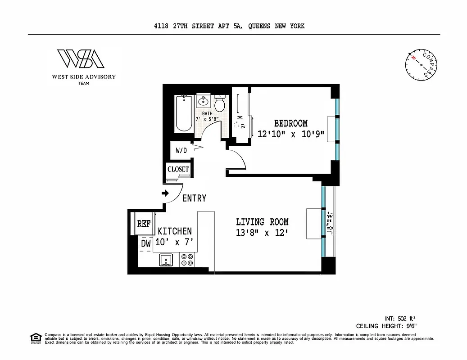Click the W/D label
181,150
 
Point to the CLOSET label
178,170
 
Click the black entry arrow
165,193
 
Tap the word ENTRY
194,198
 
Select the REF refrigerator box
143,224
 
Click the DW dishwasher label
145,243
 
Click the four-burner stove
187,260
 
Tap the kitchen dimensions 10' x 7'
174,242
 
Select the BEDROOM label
291,123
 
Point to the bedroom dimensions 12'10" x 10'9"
291,134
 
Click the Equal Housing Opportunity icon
35,337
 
